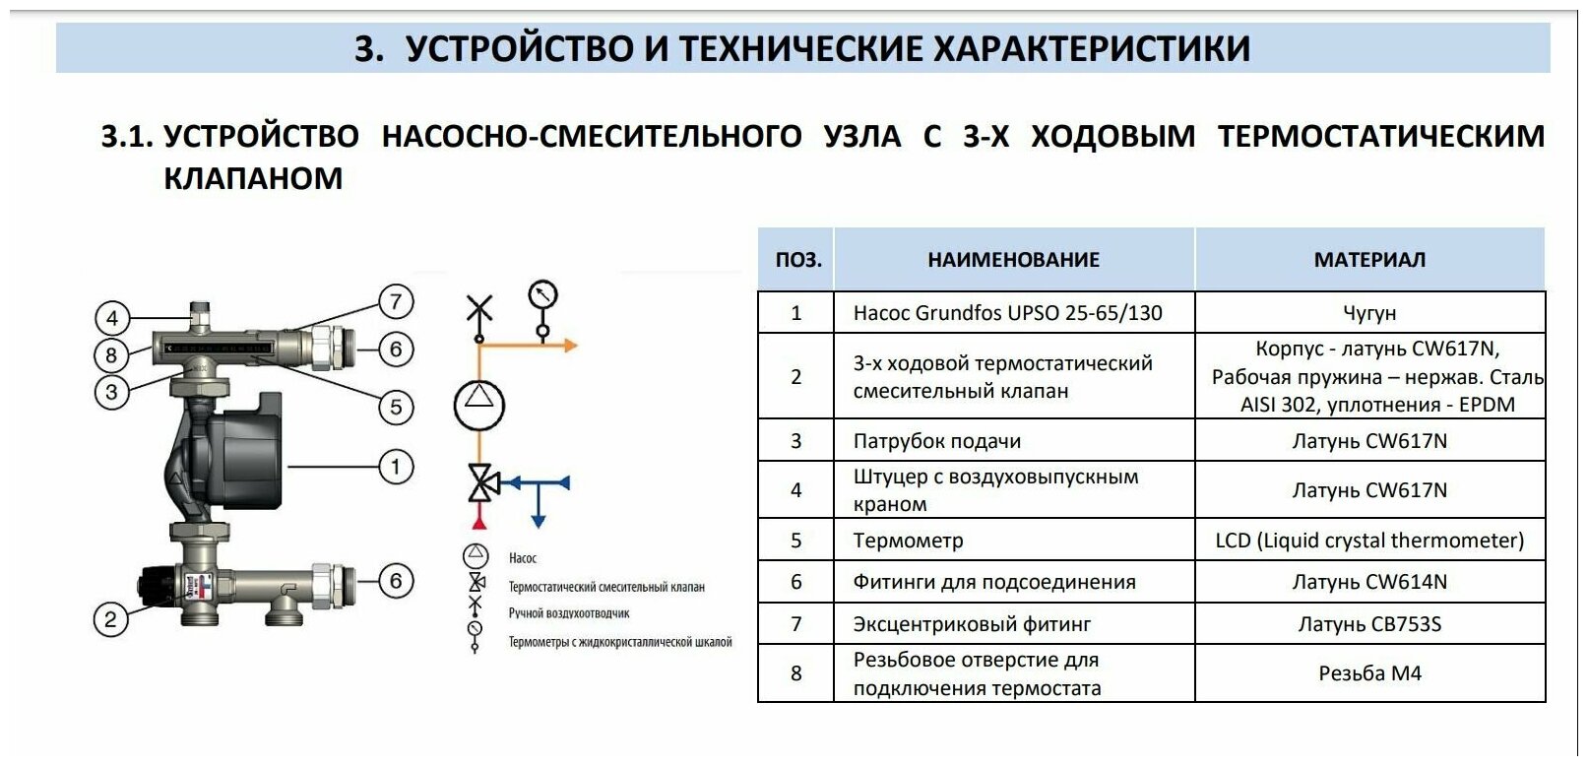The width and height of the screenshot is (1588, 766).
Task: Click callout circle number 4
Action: point(112,318)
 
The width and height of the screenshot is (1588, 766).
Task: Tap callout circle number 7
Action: point(396,301)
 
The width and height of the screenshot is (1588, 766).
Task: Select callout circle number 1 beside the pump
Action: point(396,467)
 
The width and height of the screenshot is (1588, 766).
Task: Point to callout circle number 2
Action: point(110,620)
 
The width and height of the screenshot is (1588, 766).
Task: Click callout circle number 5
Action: point(396,407)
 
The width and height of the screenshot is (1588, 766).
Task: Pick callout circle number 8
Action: point(111,354)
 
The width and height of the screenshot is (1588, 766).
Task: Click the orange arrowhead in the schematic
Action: point(570,346)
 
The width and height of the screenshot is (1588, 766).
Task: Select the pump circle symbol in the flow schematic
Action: point(479,403)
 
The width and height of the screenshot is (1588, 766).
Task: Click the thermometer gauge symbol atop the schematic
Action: point(542,294)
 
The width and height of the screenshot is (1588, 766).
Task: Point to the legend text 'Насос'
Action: point(522,558)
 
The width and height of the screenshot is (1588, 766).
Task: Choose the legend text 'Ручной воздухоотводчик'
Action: point(568,613)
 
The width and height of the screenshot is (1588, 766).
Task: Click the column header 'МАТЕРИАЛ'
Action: point(1369,260)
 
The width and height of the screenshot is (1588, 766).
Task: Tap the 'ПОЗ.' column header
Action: point(797,260)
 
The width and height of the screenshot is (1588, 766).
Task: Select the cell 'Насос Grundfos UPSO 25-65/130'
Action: point(1007,313)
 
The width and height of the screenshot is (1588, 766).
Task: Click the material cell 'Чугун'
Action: point(1369,313)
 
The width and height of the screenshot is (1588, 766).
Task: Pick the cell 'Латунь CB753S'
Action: point(1369,624)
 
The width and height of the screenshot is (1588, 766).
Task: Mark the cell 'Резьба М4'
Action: point(1369,673)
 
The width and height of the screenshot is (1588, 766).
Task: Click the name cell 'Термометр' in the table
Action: point(908,541)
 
